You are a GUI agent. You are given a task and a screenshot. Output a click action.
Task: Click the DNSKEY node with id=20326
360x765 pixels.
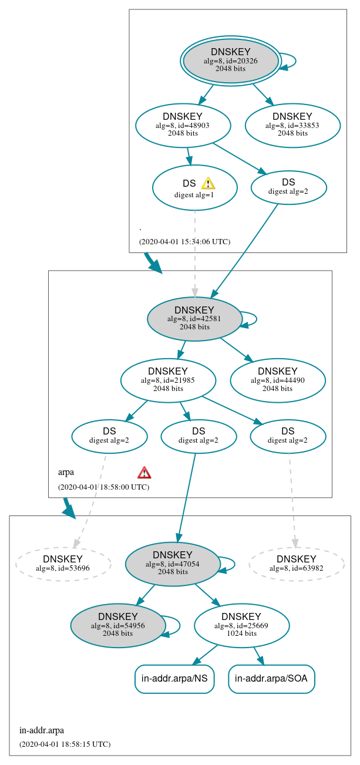231,61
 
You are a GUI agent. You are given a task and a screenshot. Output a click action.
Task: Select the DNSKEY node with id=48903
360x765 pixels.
183,125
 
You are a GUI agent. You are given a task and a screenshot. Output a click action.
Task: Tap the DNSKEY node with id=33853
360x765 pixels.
292,125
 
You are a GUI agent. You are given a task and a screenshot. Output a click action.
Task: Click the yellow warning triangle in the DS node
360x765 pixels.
208,183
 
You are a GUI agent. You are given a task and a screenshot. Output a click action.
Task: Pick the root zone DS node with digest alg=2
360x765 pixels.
288,187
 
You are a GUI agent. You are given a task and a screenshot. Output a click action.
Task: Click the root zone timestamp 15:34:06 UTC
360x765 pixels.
184,241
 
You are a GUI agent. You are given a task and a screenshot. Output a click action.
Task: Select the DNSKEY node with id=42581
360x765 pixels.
194,319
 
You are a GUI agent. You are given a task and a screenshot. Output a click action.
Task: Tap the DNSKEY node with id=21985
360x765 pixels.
168,380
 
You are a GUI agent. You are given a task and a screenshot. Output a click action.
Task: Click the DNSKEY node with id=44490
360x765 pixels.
278,380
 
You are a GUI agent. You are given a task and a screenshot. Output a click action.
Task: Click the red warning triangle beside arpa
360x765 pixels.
144,473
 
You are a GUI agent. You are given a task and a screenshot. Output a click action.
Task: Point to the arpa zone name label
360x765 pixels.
66,472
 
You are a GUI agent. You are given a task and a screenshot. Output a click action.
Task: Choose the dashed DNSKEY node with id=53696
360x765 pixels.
63,564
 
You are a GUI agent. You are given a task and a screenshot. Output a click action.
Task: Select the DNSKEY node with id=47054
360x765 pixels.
173,564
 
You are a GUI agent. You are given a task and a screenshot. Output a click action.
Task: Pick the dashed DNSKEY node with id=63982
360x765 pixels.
297,564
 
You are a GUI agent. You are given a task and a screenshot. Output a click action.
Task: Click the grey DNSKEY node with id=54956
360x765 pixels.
118,626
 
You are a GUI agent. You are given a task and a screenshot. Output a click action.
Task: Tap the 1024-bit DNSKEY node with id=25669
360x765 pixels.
241,626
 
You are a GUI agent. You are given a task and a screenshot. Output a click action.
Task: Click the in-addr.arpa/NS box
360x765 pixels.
174,679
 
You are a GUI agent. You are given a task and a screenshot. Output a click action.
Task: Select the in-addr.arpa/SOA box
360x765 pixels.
272,679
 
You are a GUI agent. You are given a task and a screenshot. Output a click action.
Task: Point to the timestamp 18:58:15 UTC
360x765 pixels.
65,744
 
